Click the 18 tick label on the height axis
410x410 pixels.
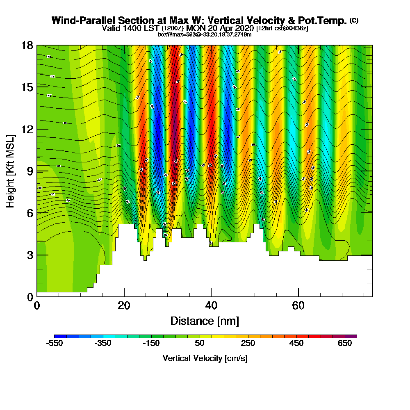pos(27,45)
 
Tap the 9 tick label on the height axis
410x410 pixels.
pos(30,171)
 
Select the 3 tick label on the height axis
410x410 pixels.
pos(30,255)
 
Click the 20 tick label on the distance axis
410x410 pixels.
pos(124,305)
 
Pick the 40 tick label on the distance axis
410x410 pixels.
pos(211,305)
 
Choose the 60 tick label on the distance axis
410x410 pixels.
pos(298,305)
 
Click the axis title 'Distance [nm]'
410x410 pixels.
pos(205,321)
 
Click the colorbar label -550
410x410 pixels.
pos(55,344)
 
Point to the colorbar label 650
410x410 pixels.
pos(345,344)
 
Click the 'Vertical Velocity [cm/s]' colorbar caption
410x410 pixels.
pos(205,358)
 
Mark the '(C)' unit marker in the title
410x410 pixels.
pos(354,20)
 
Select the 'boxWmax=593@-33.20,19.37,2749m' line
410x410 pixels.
pos(205,34)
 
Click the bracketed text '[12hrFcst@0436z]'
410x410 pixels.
pos(282,28)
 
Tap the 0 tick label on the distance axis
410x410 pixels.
pos(37,305)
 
